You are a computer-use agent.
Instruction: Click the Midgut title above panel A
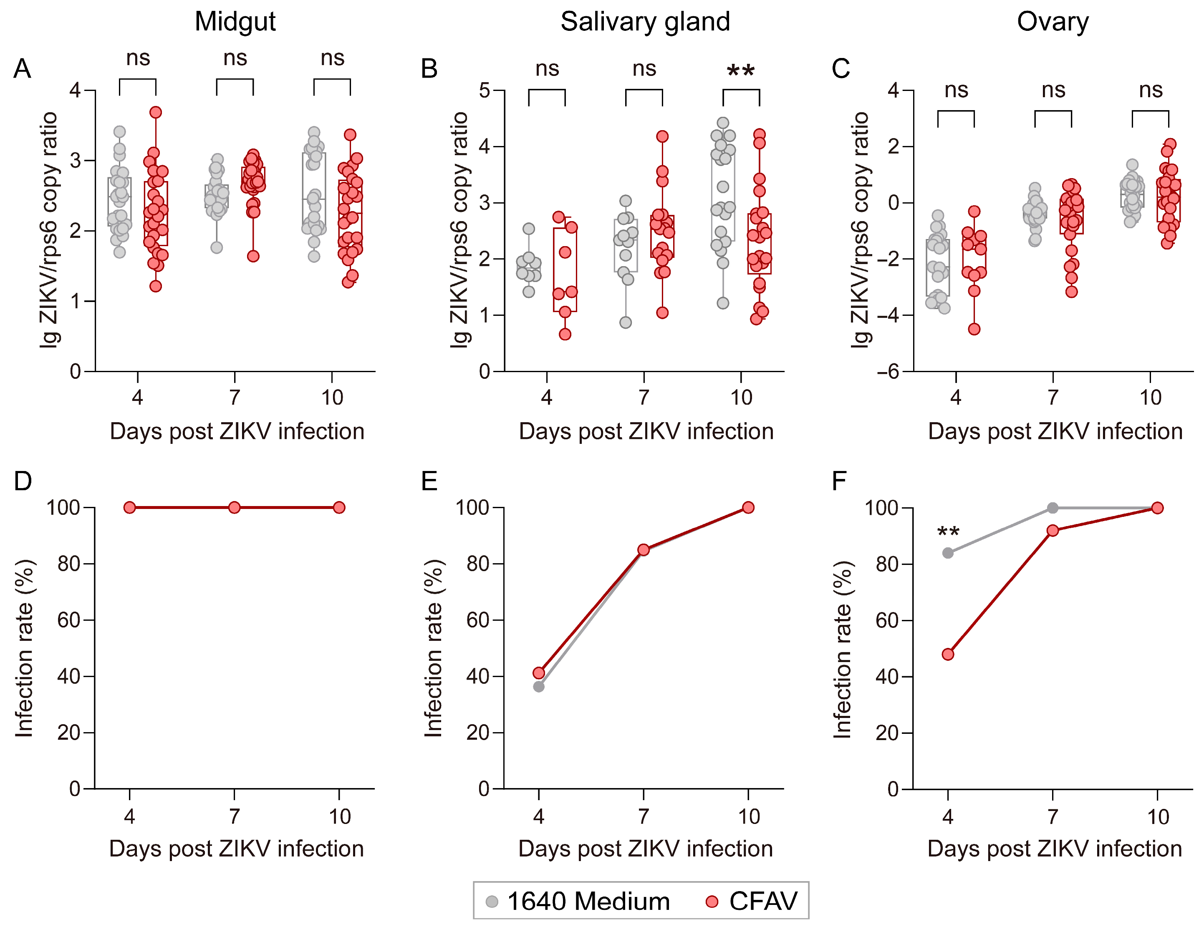tap(235, 22)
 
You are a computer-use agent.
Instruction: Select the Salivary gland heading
tap(645, 22)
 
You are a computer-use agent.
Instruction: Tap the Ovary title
tap(1053, 22)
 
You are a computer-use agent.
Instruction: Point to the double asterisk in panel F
tap(948, 532)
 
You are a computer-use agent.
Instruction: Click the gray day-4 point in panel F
tap(948, 553)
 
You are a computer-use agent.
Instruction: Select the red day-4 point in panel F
tap(948, 654)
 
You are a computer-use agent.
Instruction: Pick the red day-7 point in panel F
tap(1053, 530)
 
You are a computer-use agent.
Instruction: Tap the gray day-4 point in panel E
tap(539, 687)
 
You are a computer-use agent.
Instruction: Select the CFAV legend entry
tap(752, 901)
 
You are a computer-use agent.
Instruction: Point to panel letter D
tap(23, 481)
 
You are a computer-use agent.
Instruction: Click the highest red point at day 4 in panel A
tap(156, 113)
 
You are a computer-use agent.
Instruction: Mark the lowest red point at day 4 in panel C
tap(974, 329)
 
